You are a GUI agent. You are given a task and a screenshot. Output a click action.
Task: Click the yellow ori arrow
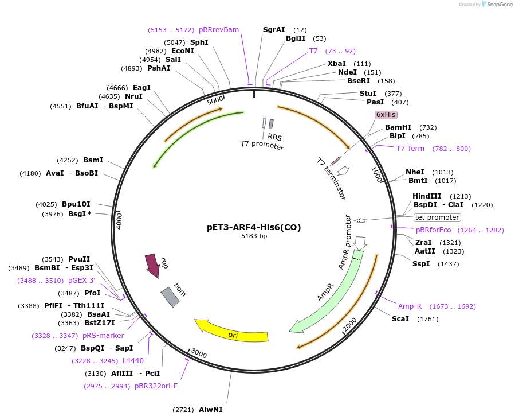coord(232,333)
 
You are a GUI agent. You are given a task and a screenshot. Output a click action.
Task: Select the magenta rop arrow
coord(152,265)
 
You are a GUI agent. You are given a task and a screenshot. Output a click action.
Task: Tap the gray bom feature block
coord(170,297)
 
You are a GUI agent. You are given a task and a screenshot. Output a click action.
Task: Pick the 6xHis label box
coord(386,115)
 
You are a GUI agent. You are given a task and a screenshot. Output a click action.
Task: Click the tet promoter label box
coord(437,217)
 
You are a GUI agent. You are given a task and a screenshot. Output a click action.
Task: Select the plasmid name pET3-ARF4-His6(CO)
coord(254,227)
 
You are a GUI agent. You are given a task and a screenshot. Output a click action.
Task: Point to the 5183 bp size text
coord(254,236)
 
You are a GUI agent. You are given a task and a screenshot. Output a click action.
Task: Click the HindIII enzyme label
coord(427,196)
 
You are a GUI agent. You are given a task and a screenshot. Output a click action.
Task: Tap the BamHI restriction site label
coord(398,127)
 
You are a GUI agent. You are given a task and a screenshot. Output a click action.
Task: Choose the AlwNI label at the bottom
coord(210,410)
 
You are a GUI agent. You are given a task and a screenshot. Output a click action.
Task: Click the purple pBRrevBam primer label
coord(219,30)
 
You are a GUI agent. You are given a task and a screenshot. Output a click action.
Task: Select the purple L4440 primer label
coord(133,361)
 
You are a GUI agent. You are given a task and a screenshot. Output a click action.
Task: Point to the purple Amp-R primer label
coord(410,306)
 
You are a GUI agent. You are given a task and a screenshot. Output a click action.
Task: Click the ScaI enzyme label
coord(400,319)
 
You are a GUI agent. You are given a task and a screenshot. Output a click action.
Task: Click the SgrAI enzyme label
coord(274,30)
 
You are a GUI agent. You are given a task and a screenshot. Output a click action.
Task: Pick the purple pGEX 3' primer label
coord(81,281)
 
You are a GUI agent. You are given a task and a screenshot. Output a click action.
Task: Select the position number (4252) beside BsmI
coord(68,160)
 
